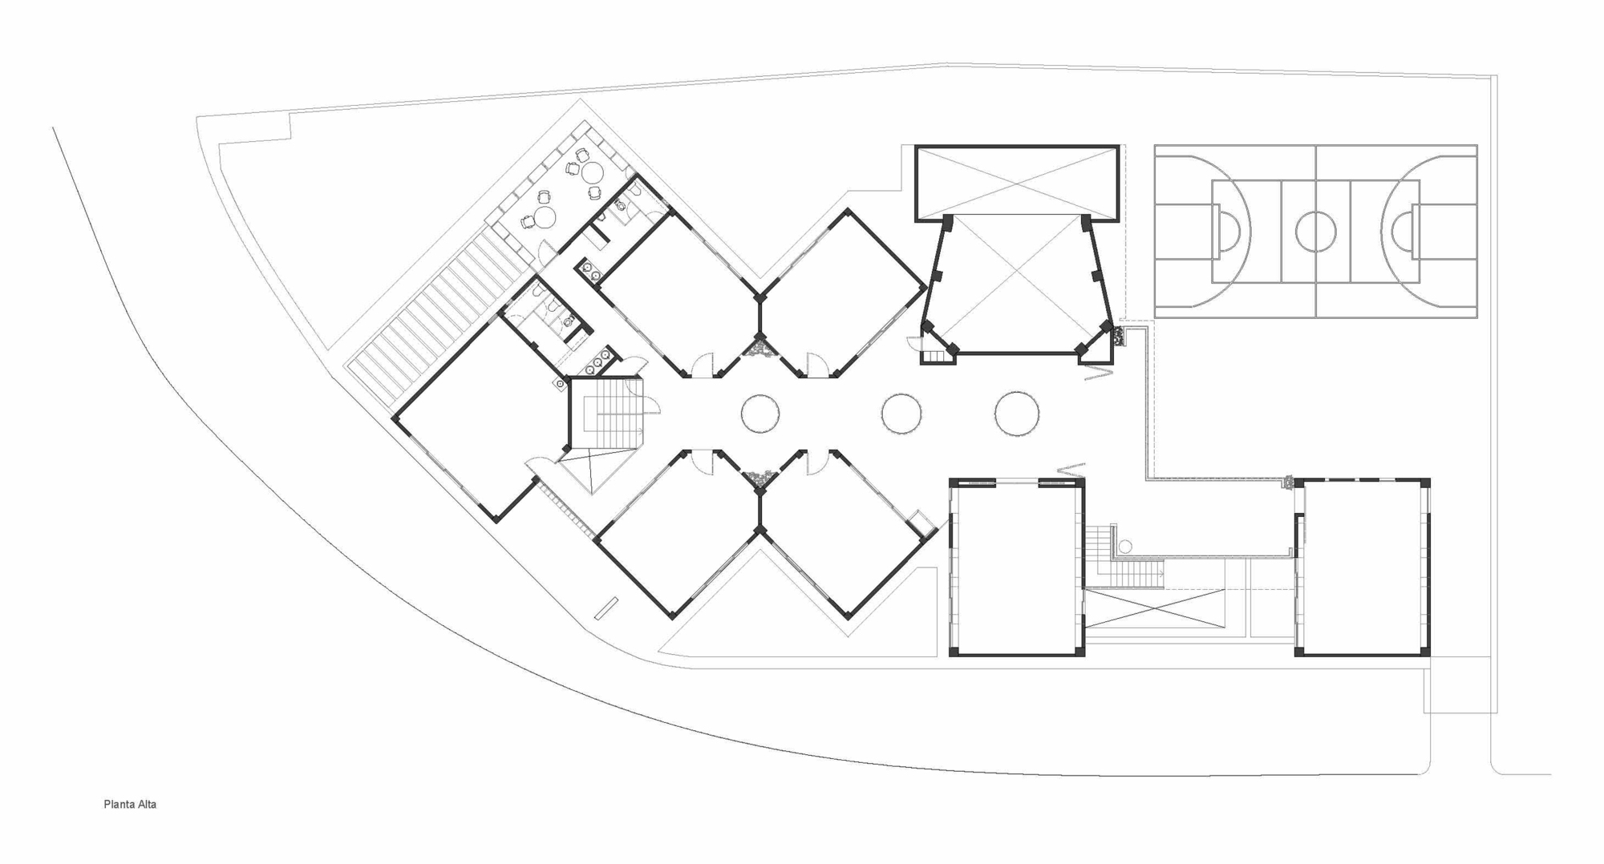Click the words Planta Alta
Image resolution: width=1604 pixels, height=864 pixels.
coord(130,804)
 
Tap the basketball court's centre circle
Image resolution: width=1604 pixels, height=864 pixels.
coord(1315,231)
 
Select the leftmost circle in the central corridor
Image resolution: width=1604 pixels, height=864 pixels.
coord(760,414)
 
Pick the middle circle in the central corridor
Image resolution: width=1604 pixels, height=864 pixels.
coord(901,414)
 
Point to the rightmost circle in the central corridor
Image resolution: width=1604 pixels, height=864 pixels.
coord(1017,414)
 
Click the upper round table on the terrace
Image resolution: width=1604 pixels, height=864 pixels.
coord(592,172)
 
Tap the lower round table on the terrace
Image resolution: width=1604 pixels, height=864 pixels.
coord(545,217)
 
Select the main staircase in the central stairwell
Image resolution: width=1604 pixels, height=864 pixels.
coord(607,414)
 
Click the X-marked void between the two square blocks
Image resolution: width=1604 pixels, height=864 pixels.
coord(1155,608)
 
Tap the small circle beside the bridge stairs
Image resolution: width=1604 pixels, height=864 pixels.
coord(1125,547)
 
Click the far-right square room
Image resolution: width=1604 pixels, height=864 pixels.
coord(1363,567)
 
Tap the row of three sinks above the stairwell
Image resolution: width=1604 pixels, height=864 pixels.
coord(597,361)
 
